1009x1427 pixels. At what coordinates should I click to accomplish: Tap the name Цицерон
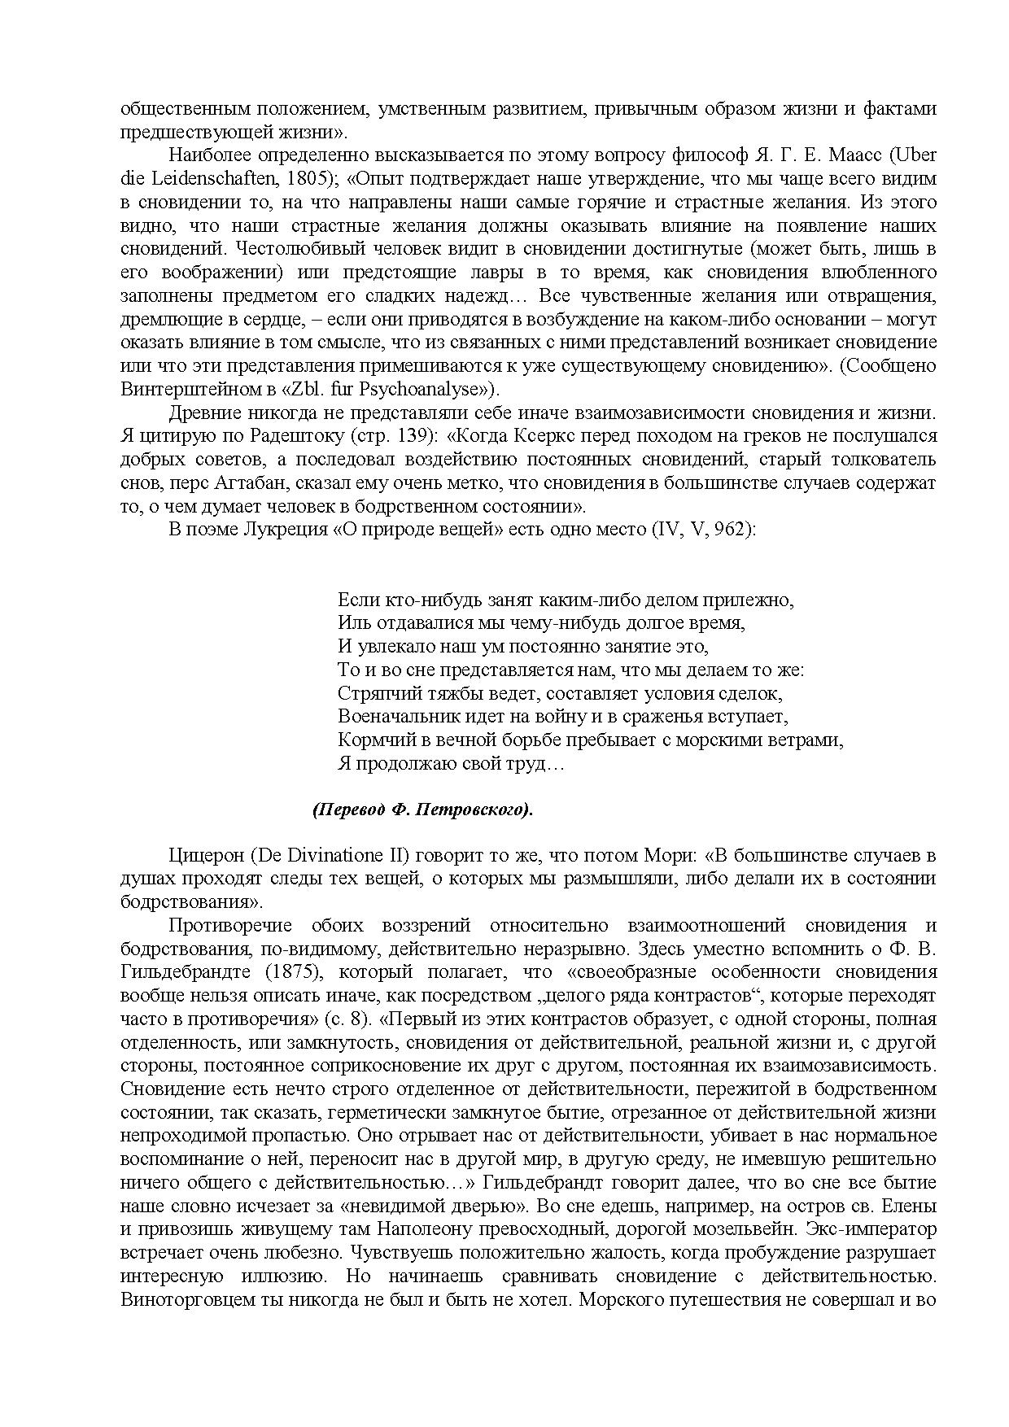(x=206, y=856)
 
